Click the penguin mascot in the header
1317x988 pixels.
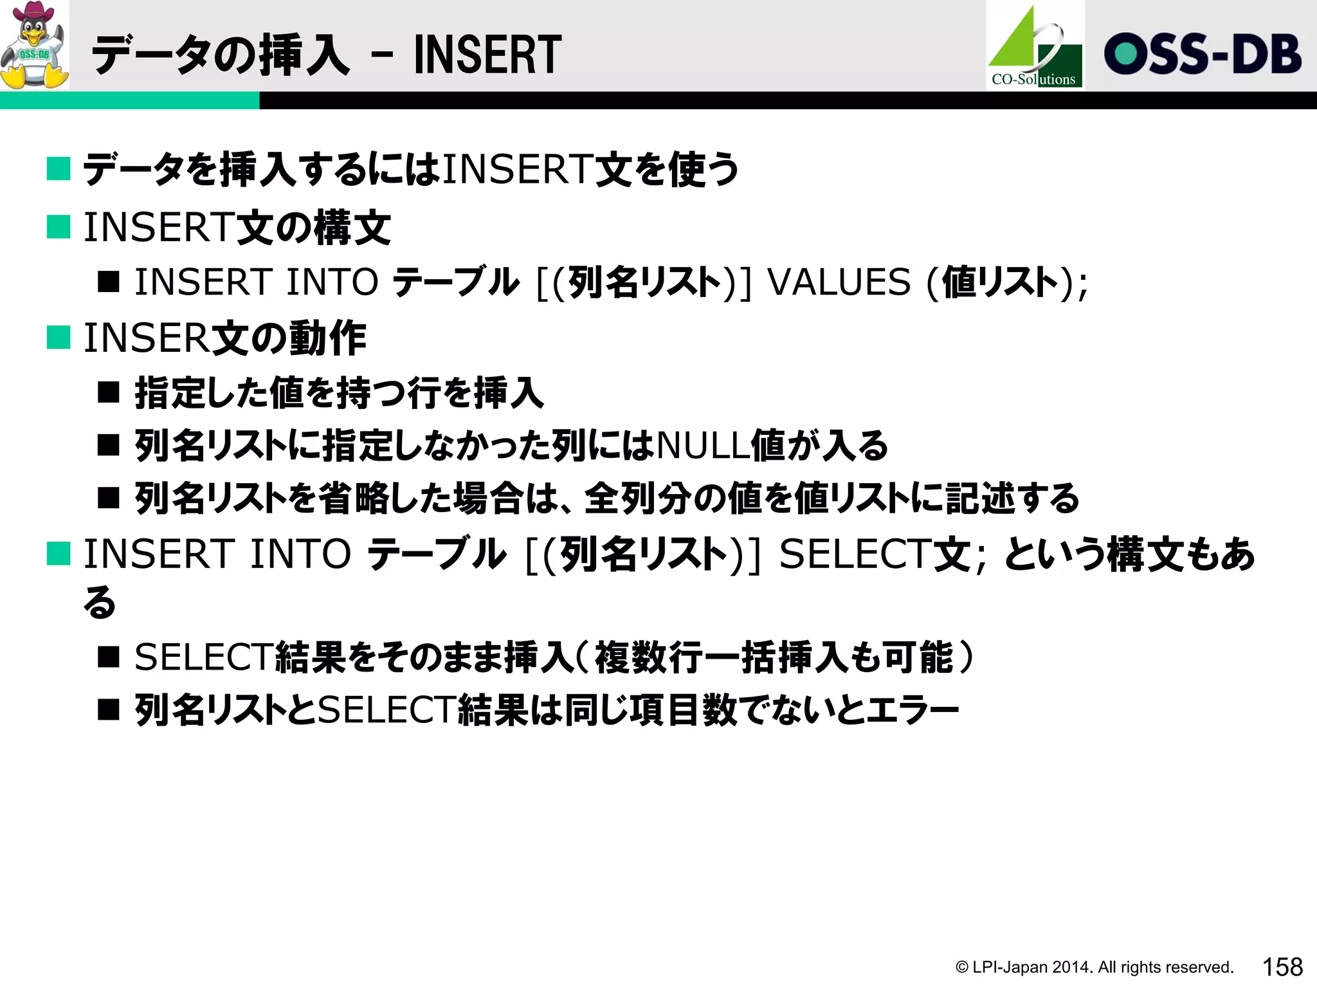(35, 45)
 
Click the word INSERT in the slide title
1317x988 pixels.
(487, 55)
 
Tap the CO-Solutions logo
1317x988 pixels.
(1035, 46)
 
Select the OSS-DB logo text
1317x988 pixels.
(1203, 54)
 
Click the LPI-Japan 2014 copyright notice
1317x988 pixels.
(1094, 967)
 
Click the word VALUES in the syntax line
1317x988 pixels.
(840, 282)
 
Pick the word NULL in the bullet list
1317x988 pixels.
(703, 445)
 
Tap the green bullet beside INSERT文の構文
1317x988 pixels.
(59, 227)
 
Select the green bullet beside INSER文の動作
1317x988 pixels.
(59, 337)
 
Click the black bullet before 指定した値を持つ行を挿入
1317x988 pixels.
(109, 392)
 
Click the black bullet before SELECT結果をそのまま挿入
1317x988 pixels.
(109, 657)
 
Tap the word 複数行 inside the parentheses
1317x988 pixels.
(649, 657)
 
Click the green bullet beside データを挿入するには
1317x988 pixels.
(59, 169)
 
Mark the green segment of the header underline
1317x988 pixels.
(129, 100)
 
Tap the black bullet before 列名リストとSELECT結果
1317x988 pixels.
(109, 710)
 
